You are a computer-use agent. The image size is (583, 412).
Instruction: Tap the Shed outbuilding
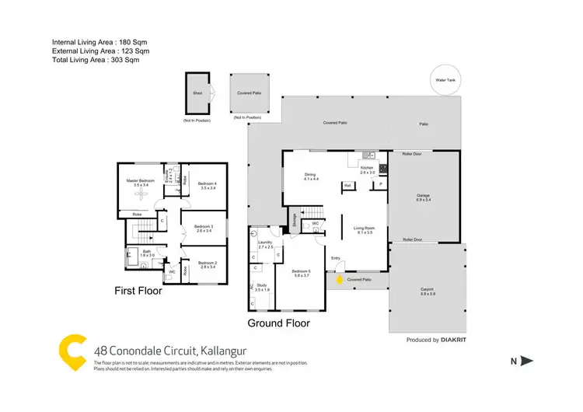(x=197, y=93)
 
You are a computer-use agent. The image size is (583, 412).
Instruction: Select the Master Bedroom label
(x=141, y=183)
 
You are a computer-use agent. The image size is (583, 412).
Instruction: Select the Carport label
(x=428, y=292)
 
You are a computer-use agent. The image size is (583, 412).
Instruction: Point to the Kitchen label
(x=368, y=170)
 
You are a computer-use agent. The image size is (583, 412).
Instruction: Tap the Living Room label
(x=365, y=229)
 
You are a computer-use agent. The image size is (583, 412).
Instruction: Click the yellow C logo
(x=72, y=351)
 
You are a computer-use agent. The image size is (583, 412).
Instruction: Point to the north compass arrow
(x=526, y=360)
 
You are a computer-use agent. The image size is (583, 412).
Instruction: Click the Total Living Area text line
(x=95, y=59)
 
